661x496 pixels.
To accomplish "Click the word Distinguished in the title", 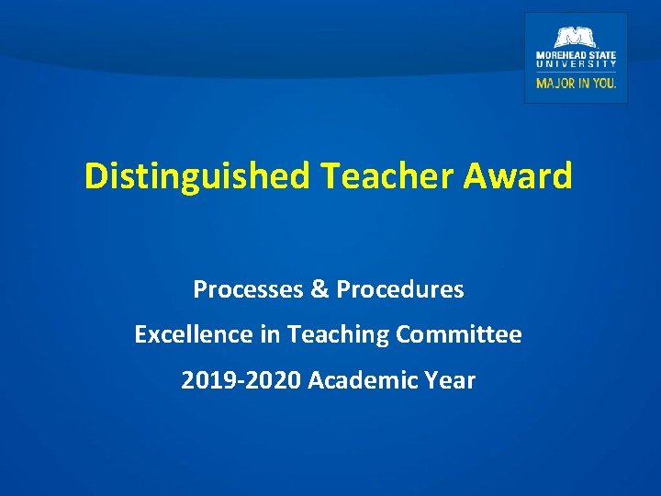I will pos(197,175).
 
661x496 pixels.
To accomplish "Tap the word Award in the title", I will pos(518,175).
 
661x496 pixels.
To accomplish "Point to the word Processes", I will pos(248,290).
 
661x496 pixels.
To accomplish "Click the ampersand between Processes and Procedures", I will pos(319,290).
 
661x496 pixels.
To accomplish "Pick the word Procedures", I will pos(400,290).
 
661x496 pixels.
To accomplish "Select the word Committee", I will pos(459,335).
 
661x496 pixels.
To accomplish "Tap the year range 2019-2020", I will pos(241,380).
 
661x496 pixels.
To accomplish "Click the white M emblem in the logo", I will pos(576,37).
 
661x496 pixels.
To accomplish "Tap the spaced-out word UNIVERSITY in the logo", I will pos(577,64).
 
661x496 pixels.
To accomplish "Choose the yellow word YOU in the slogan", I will pos(605,83).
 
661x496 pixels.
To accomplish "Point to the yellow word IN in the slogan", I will pos(585,83).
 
